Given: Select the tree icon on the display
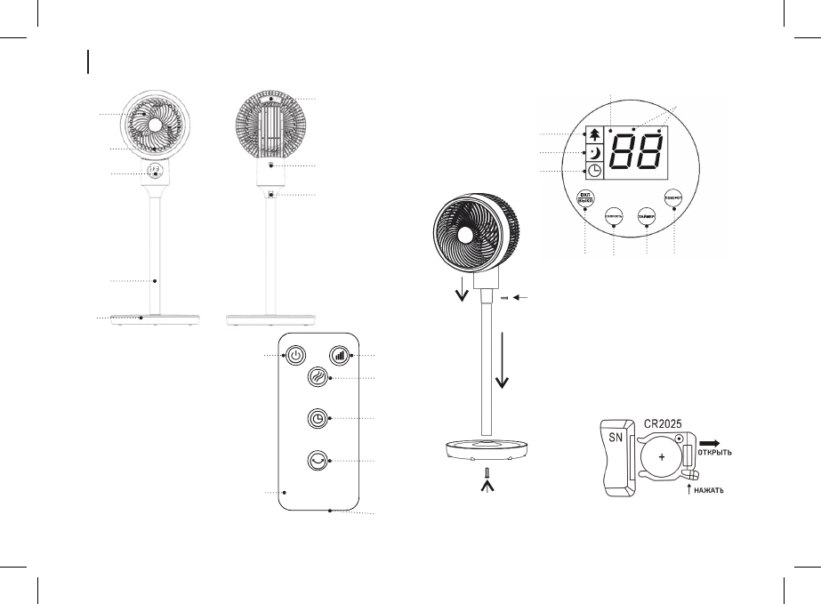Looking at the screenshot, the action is (593, 133).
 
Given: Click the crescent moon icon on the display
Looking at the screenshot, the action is (593, 152).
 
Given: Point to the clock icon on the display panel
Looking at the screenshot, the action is (593, 171).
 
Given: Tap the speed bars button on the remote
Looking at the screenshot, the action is (338, 355).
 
